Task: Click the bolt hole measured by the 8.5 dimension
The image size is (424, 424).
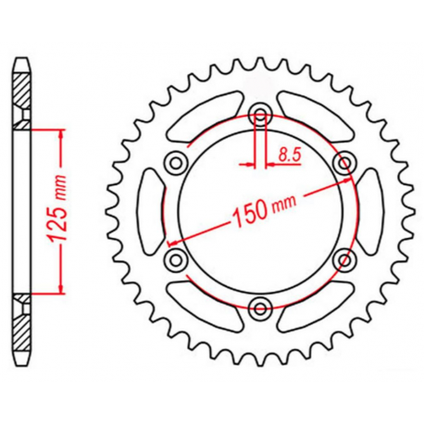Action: pyautogui.click(x=260, y=116)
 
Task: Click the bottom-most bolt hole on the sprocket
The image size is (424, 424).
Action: pyautogui.click(x=260, y=306)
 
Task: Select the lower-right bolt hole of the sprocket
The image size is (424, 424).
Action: pyautogui.click(x=346, y=258)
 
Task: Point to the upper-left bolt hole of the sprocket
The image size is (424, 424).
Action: pyautogui.click(x=174, y=164)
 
